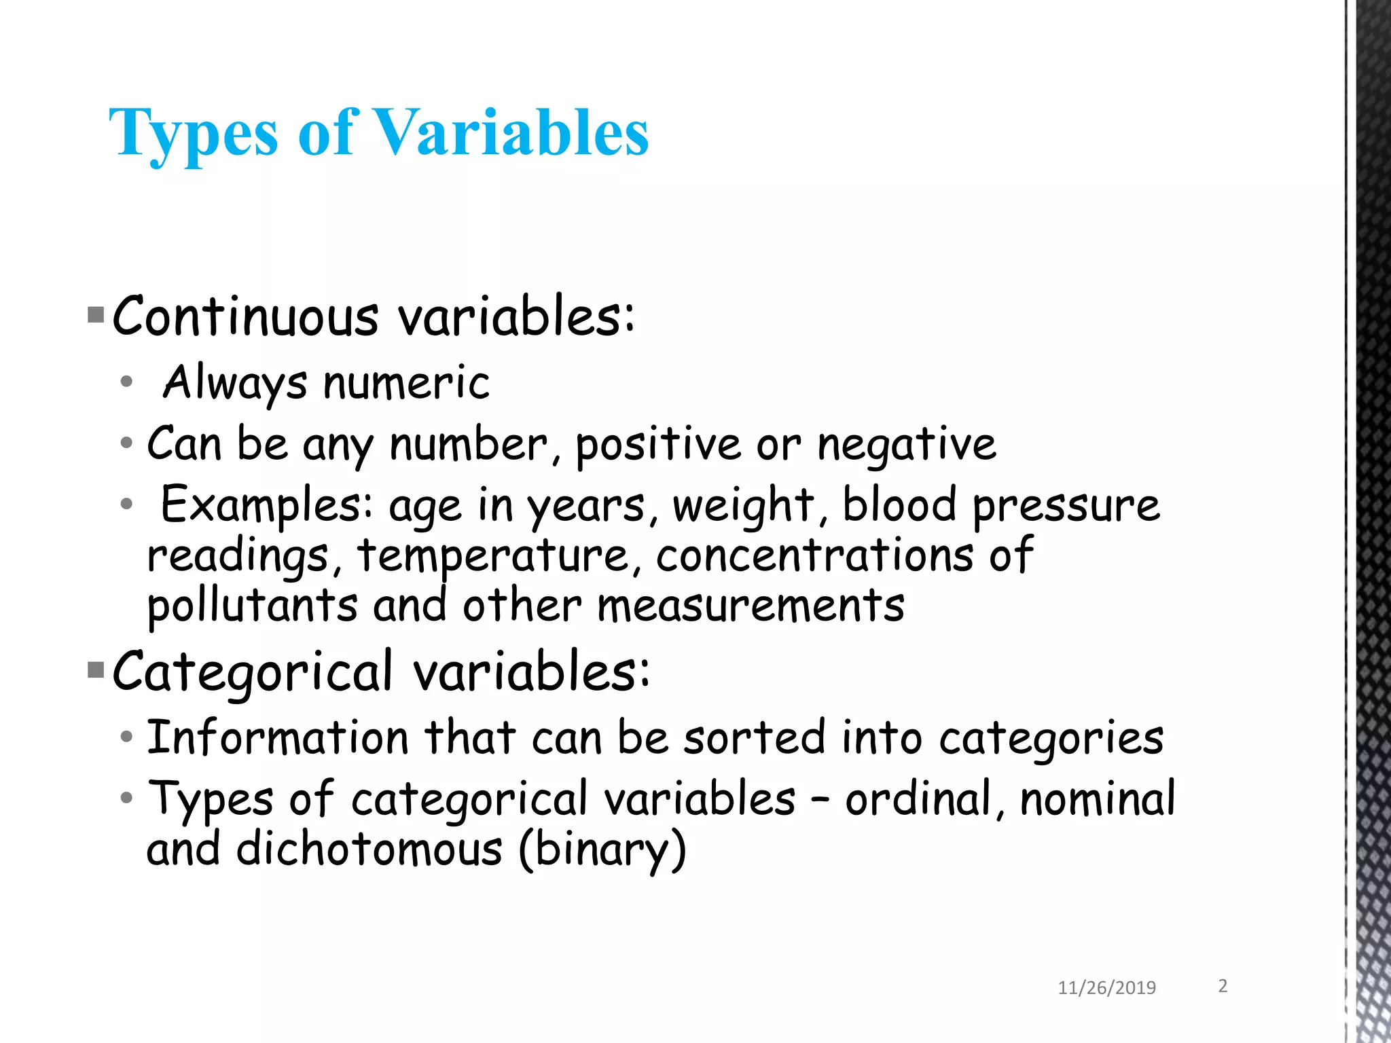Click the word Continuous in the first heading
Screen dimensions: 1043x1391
(x=245, y=317)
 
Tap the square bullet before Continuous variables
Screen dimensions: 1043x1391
(x=96, y=315)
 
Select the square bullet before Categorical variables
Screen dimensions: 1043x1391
(x=96, y=671)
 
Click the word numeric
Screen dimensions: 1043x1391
(x=406, y=382)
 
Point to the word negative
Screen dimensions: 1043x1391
(x=906, y=445)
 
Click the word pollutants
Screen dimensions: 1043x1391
(x=252, y=606)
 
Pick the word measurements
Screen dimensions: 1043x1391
(x=751, y=606)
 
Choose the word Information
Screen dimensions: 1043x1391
(x=278, y=737)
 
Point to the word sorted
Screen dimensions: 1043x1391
(x=754, y=737)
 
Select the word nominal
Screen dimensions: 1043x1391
(x=1097, y=799)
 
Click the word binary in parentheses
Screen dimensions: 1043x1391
(x=602, y=850)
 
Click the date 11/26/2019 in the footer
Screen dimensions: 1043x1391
(x=1106, y=988)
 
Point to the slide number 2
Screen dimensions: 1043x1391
(x=1223, y=986)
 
